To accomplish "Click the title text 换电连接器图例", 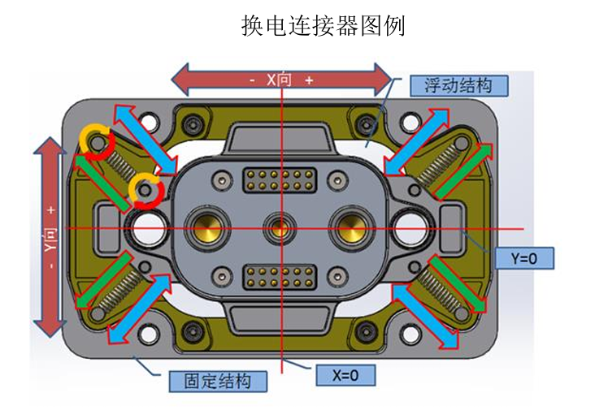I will [x=324, y=26].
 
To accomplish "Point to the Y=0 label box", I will [x=525, y=259].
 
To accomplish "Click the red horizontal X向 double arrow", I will [x=281, y=80].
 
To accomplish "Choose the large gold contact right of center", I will [x=352, y=225].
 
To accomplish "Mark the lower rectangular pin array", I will [x=279, y=274].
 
